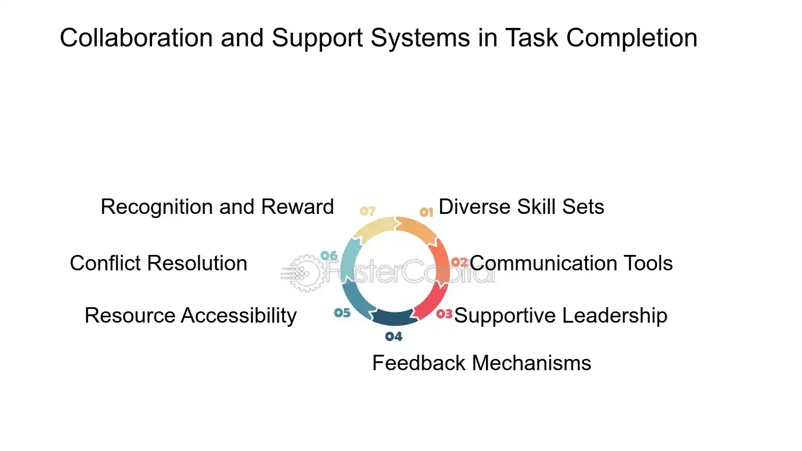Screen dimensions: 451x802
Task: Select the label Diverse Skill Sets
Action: [521, 207]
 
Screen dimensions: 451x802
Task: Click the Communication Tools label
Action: [571, 263]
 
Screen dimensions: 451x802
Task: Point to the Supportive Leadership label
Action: [560, 316]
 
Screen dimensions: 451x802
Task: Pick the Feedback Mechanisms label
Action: [481, 363]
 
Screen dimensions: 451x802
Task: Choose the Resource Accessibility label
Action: [190, 316]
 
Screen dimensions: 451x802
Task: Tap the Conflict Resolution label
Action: [158, 263]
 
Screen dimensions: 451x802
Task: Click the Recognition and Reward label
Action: [217, 207]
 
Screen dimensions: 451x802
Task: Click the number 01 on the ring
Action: [427, 212]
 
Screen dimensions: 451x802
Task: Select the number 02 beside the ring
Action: [459, 262]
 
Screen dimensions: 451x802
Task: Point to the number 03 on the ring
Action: [444, 314]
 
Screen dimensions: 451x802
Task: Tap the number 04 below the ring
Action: [393, 337]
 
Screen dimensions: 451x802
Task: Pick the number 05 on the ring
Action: [342, 313]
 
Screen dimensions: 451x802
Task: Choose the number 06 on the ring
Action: [329, 256]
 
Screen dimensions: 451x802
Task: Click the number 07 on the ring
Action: [368, 211]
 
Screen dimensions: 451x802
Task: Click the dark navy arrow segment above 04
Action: [393, 317]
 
